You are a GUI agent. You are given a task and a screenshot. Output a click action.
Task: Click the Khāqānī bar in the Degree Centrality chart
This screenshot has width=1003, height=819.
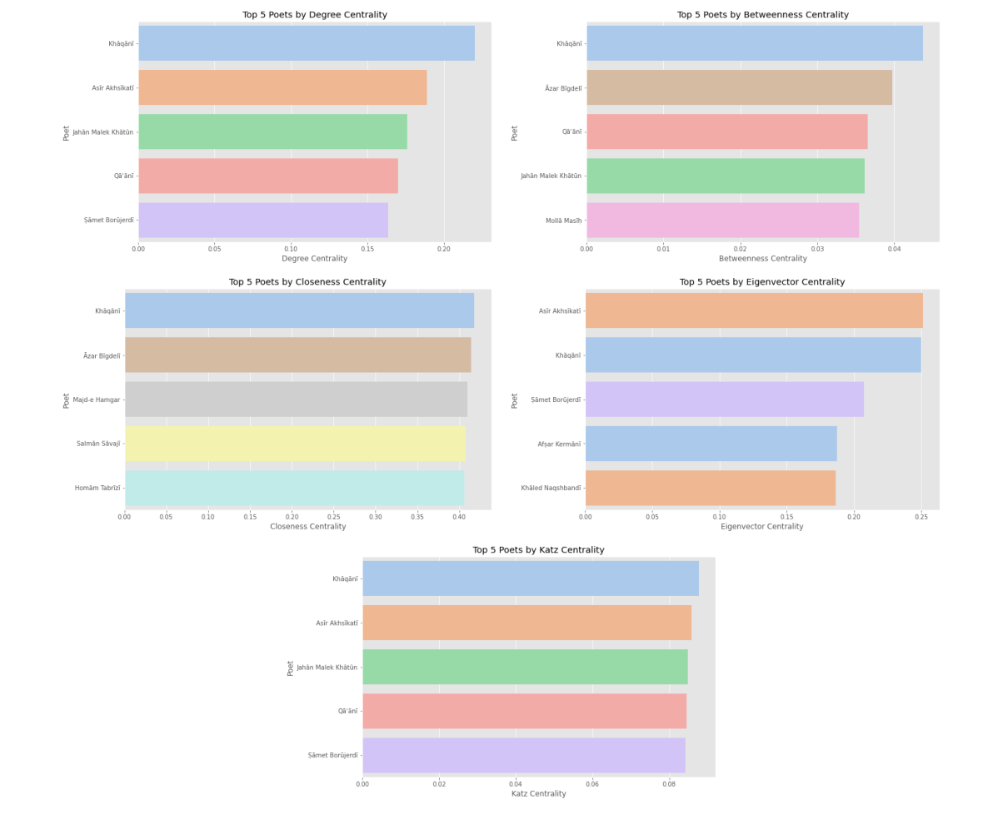click(306, 43)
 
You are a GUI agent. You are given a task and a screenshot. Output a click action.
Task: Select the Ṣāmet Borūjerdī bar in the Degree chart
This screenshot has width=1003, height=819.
click(263, 221)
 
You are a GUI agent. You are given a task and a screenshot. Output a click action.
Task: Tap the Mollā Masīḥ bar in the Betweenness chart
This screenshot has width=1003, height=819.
click(722, 221)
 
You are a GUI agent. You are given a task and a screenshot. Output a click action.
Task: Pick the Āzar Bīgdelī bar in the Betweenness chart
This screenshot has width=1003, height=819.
click(739, 87)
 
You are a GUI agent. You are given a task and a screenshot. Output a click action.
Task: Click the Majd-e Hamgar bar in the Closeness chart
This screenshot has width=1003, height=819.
click(296, 400)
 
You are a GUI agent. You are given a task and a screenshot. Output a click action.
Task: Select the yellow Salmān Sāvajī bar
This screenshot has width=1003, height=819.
click(295, 444)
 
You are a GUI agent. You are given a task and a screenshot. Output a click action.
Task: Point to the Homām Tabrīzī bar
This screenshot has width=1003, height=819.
click(294, 488)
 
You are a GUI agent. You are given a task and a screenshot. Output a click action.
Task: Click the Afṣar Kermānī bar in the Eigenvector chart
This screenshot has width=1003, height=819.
click(711, 444)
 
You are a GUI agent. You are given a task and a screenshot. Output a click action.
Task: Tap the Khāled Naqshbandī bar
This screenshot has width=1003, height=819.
click(710, 488)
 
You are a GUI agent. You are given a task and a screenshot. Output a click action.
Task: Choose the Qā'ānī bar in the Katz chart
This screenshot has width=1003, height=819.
click(524, 711)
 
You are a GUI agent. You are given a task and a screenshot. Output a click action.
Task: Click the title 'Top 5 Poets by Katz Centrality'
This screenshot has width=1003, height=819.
click(538, 550)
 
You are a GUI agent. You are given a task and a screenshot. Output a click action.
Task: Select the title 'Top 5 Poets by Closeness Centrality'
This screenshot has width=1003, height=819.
click(307, 282)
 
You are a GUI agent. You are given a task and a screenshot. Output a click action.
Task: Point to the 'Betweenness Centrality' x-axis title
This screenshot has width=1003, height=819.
click(762, 259)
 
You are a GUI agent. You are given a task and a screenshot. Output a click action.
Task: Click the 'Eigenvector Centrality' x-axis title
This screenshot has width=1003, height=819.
click(761, 527)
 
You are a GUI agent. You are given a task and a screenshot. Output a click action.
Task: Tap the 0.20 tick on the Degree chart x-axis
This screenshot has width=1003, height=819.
click(443, 249)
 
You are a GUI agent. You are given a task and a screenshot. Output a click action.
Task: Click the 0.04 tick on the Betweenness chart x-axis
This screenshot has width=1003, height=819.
click(894, 249)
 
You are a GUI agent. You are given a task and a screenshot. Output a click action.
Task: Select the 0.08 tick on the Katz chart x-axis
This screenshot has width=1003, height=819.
click(669, 784)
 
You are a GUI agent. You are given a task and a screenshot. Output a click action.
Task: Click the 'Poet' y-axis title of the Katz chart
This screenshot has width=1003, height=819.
click(291, 668)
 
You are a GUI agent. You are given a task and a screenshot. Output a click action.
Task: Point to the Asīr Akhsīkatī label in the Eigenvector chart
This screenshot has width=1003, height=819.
click(559, 311)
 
